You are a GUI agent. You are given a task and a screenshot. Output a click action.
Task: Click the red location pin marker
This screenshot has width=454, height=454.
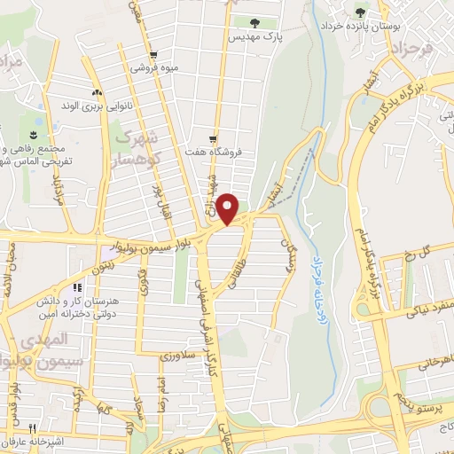click(x=229, y=207)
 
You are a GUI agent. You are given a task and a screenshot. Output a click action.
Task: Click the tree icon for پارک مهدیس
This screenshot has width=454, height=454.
click(x=254, y=22)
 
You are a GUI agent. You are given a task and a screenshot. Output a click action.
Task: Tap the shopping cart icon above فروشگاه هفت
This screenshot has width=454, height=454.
click(x=214, y=138)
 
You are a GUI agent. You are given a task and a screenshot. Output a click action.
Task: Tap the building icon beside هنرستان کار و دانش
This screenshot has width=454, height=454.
click(x=77, y=288)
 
